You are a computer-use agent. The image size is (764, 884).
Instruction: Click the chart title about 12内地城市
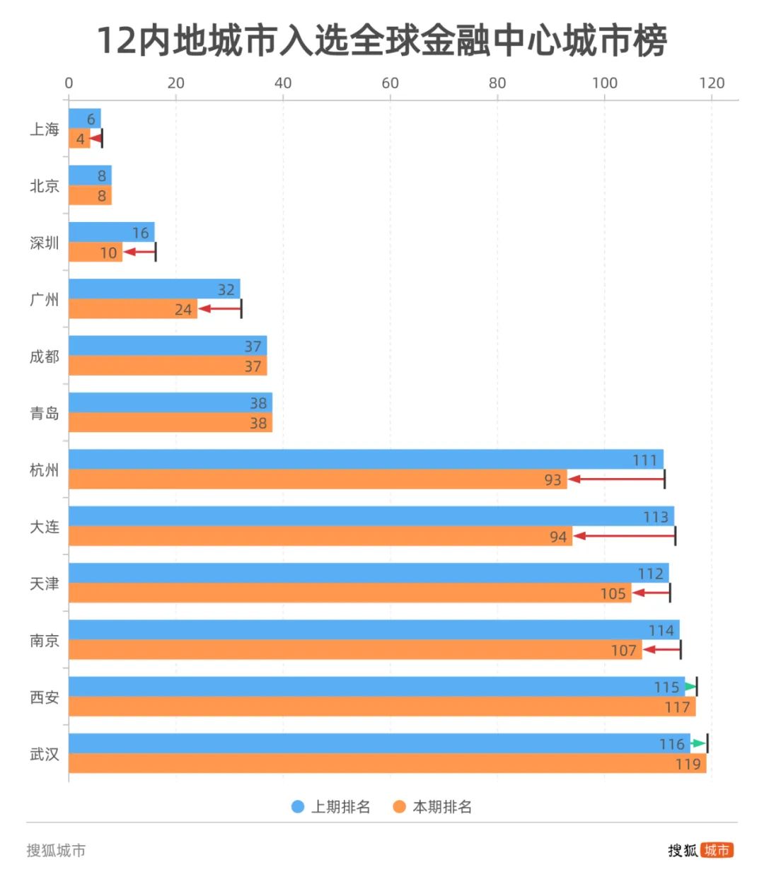tap(382, 40)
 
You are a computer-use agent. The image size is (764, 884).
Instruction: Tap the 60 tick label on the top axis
tap(390, 83)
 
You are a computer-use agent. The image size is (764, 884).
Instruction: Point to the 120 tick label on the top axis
tap(712, 83)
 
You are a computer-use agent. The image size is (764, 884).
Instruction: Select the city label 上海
tap(44, 129)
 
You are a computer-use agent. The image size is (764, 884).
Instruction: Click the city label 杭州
tap(44, 470)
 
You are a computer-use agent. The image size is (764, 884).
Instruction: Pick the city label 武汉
tap(44, 755)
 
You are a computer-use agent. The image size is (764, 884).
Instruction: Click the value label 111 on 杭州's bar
tap(644, 460)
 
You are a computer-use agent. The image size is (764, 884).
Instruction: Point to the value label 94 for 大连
tap(558, 537)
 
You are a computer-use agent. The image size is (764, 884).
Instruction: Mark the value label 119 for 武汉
tap(688, 764)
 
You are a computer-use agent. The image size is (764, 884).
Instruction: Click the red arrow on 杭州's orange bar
tap(615, 479)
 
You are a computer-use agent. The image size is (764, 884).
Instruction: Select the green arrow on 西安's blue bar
tap(690, 686)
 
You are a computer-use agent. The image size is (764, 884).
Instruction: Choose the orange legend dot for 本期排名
tap(399, 807)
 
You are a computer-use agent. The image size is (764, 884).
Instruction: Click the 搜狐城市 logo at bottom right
tap(700, 850)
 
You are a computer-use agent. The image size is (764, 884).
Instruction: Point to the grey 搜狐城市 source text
tap(56, 850)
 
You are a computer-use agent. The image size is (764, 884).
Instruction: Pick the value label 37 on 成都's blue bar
tap(253, 347)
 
